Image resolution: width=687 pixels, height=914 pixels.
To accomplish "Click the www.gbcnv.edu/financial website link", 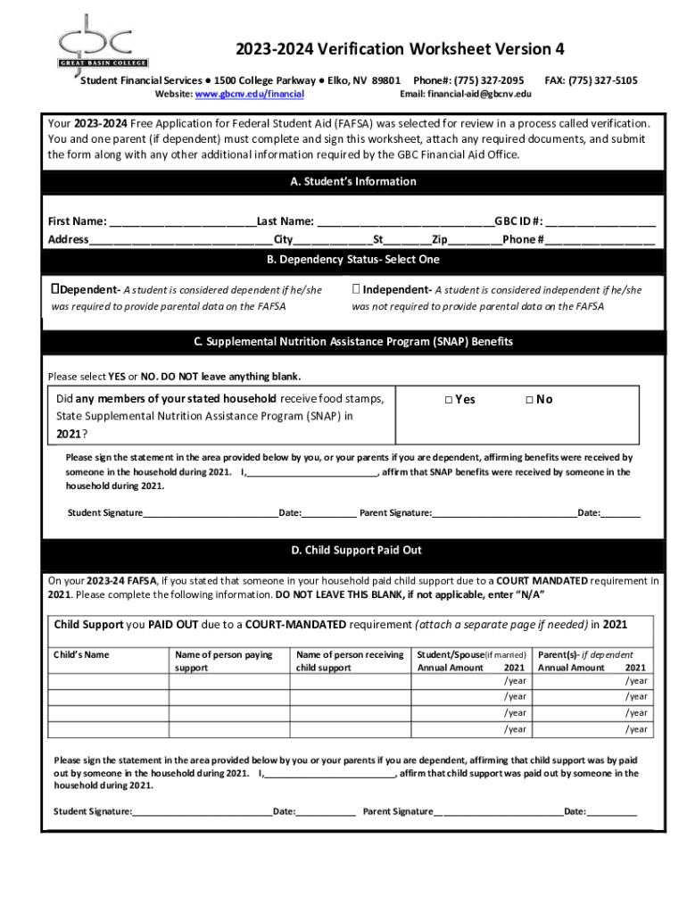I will (250, 94).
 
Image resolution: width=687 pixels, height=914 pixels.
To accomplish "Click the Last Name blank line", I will (404, 222).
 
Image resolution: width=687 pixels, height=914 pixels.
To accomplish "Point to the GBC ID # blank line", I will (602, 222).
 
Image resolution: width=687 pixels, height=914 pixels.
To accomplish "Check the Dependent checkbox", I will (55, 289).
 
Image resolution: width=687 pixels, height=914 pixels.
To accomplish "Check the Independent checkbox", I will (356, 289).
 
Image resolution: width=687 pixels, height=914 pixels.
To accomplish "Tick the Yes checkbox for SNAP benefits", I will (448, 400).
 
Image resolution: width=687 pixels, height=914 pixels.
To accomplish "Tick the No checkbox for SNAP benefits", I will (529, 400).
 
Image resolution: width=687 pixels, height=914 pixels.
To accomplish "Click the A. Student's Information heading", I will (353, 181).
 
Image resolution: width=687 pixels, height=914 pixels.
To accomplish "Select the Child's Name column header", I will (82, 655).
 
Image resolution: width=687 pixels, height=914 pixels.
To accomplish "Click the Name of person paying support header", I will (224, 661).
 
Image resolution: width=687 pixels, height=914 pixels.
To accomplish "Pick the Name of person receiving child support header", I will (350, 661).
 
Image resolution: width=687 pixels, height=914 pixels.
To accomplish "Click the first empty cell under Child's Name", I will (108, 681).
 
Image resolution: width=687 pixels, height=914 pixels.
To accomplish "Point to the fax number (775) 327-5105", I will (604, 80).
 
